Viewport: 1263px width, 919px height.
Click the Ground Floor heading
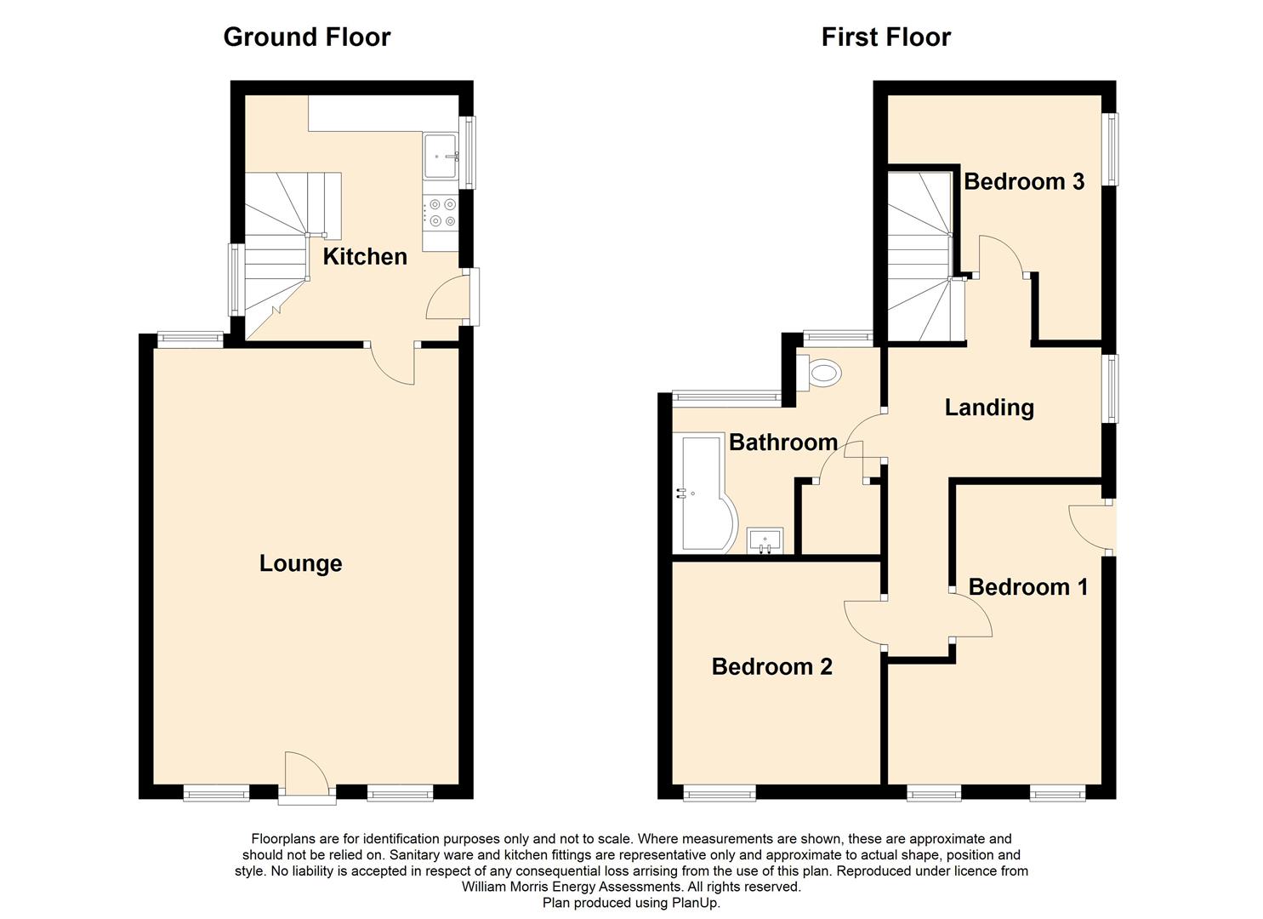click(x=307, y=37)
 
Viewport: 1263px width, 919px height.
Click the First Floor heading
click(x=885, y=37)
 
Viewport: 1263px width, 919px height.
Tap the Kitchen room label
click(x=365, y=257)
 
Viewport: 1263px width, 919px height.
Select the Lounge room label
click(x=300, y=563)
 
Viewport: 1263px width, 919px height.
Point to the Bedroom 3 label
click(x=1024, y=181)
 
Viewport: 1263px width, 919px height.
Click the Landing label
click(x=989, y=408)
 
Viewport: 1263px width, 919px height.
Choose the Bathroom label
click(x=783, y=442)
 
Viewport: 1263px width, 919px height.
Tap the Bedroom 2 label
click(x=772, y=667)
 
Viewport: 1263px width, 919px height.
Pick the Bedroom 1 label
click(x=1028, y=587)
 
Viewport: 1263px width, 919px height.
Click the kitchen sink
click(x=441, y=155)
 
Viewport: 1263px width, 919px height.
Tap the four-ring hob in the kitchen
click(x=442, y=213)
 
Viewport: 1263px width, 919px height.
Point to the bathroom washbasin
click(x=765, y=541)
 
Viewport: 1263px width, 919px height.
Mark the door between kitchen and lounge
click(x=392, y=364)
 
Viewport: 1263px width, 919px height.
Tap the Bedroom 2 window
click(x=719, y=793)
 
